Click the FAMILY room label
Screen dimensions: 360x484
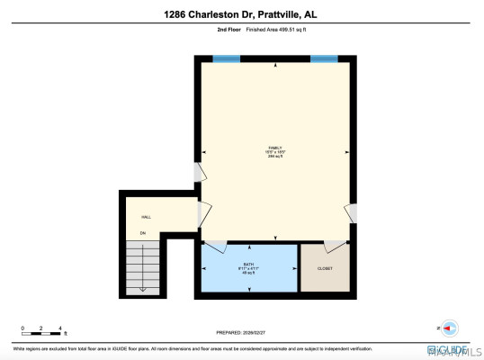click(275, 148)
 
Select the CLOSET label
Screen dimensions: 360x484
click(325, 268)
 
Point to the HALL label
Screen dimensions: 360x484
click(146, 218)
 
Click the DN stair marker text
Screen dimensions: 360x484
click(142, 234)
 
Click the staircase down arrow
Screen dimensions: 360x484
click(142, 270)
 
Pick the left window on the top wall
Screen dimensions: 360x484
click(227, 58)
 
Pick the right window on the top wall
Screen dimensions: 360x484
click(324, 58)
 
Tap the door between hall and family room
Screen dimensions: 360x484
click(205, 214)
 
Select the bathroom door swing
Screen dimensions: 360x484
click(215, 246)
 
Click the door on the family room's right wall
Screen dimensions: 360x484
click(351, 213)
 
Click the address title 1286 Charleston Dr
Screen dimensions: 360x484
click(241, 13)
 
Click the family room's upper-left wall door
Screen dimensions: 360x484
click(199, 173)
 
